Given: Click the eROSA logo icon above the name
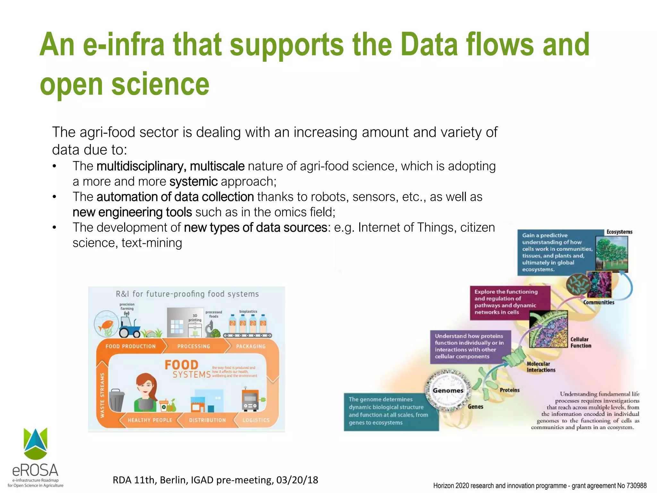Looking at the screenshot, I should click(35, 443).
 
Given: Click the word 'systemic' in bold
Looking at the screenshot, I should click(193, 182).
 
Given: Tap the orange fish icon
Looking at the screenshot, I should click(106, 326).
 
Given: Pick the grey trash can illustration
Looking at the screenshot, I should click(116, 400).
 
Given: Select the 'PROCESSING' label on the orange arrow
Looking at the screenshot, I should click(193, 346).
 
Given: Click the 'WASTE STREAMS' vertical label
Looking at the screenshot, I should click(102, 395).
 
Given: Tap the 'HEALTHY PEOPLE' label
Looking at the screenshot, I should click(150, 420).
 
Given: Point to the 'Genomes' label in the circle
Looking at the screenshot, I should click(448, 391).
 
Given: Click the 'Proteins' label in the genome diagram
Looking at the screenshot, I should click(509, 390).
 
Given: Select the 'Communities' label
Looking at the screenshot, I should click(599, 302).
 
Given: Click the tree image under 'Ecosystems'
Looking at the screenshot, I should click(611, 254).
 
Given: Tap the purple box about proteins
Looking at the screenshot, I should click(470, 347).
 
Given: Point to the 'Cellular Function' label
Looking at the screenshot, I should click(581, 342).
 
